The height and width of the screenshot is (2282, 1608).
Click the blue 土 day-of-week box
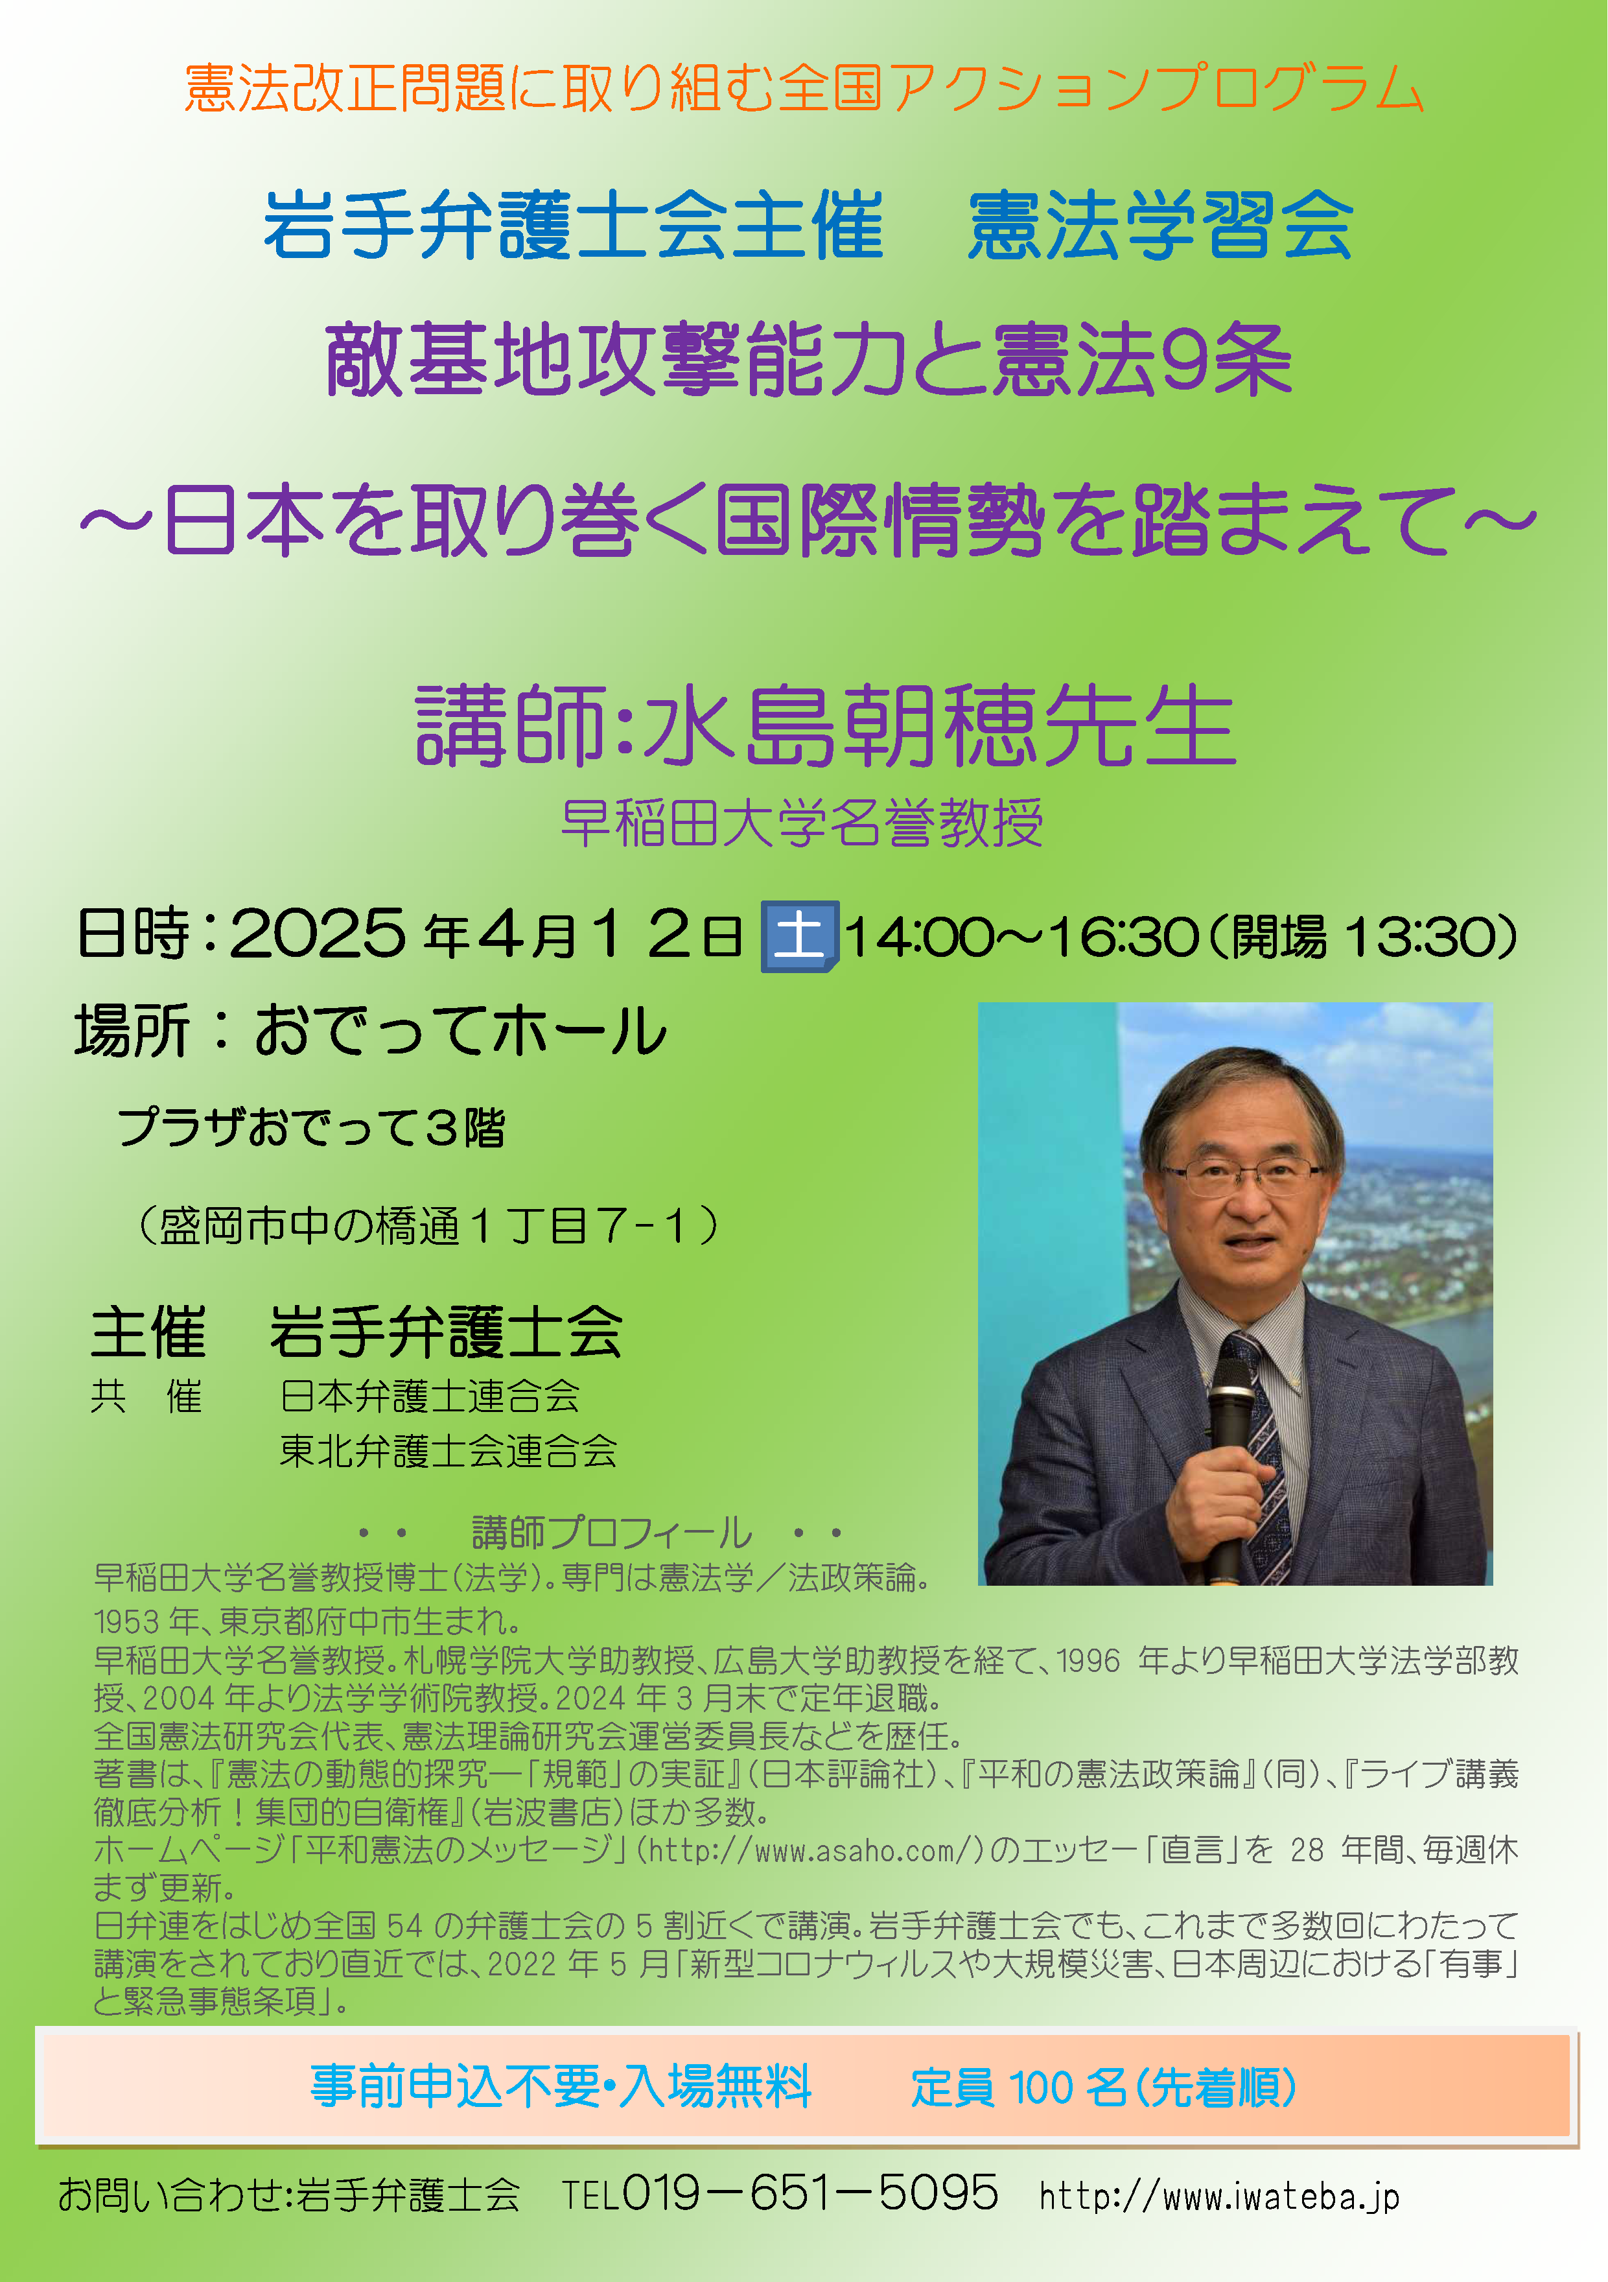pos(799,936)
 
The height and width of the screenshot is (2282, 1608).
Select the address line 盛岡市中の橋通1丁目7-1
pos(427,1225)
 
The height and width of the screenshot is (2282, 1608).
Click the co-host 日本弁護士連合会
pos(429,1395)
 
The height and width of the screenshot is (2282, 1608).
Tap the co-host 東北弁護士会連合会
pos(449,1450)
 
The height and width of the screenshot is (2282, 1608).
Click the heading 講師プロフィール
pos(611,1532)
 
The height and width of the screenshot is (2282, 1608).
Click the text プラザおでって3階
pos(311,1127)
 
